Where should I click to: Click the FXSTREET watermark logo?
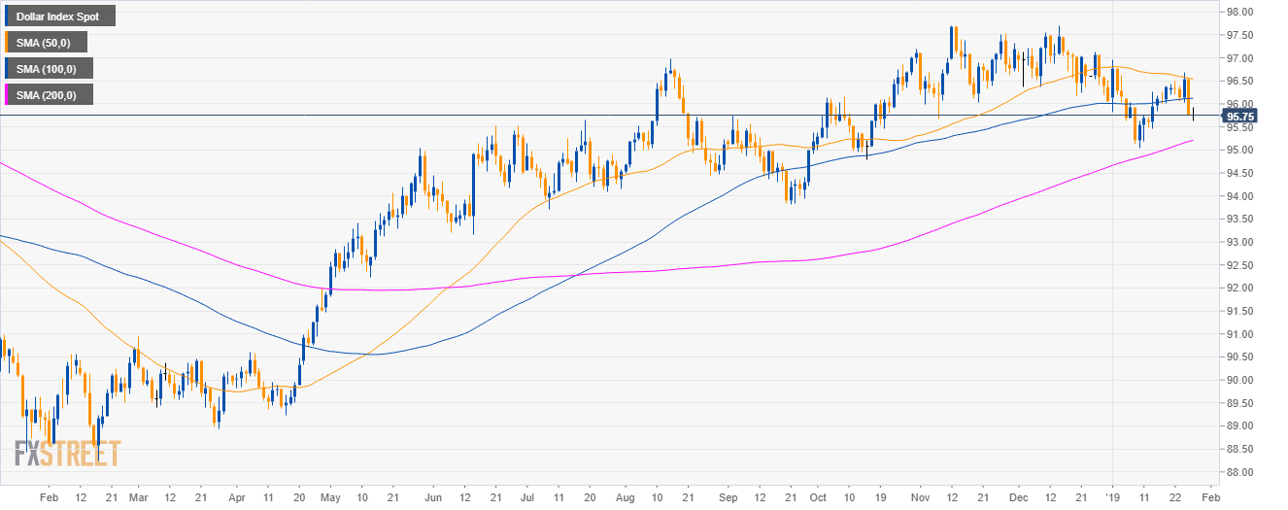click(68, 454)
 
